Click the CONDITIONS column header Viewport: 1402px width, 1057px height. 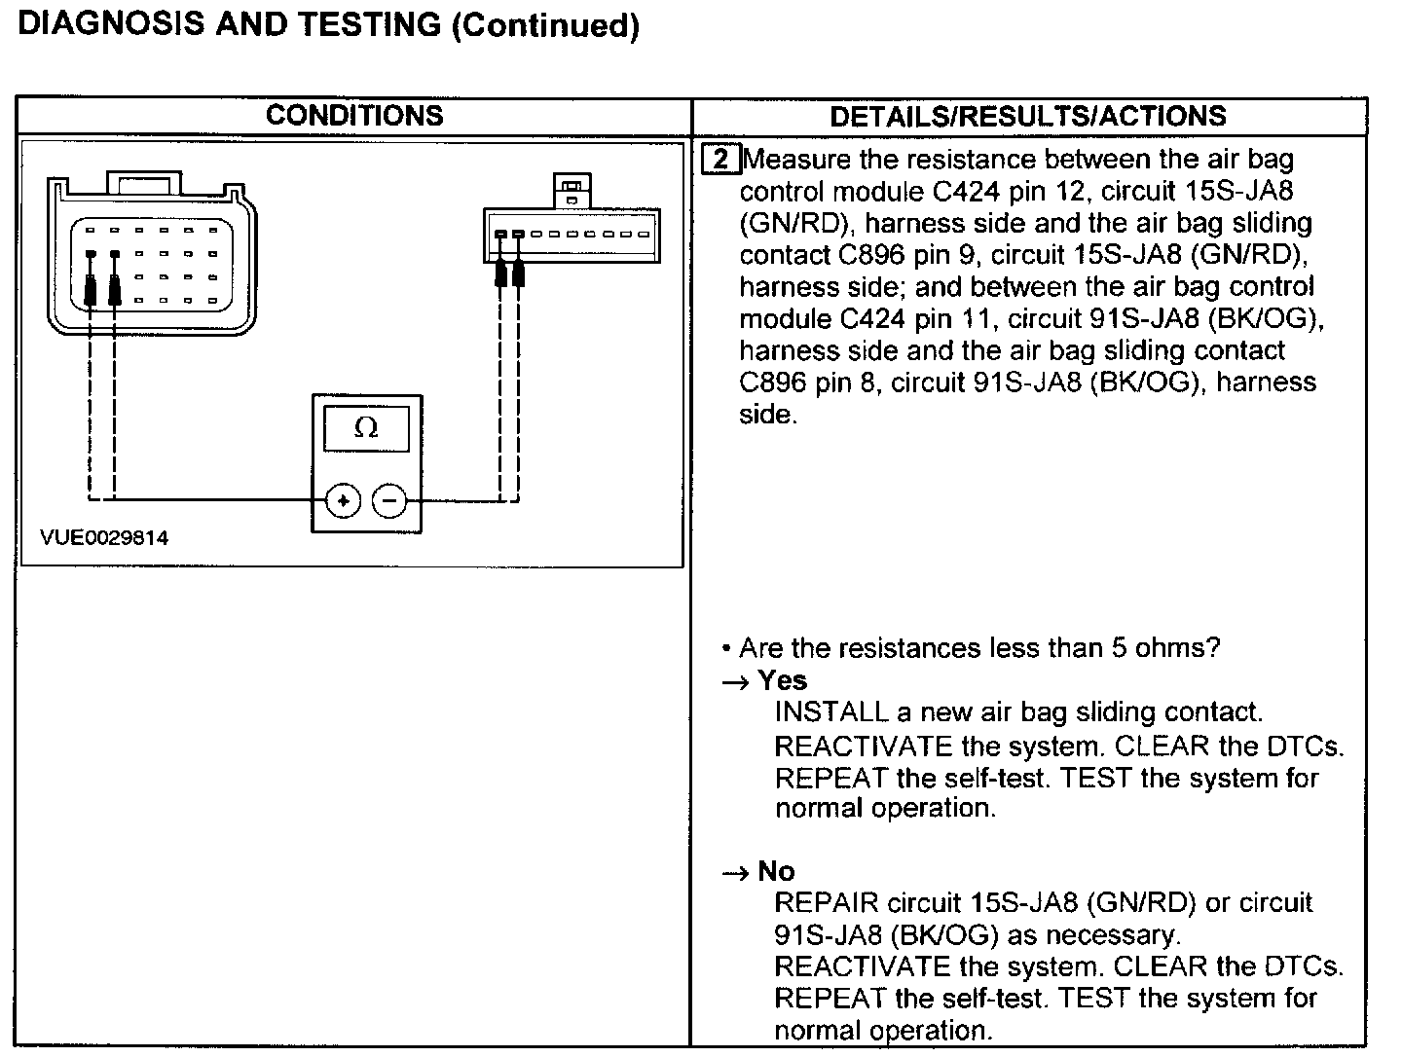point(354,116)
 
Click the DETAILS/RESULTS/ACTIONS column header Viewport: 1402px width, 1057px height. point(1027,117)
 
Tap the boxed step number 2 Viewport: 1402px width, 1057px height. point(720,160)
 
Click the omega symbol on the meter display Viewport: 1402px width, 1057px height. point(366,428)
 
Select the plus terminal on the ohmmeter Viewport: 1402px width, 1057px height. point(343,501)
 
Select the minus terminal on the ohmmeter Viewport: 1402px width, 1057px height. point(389,501)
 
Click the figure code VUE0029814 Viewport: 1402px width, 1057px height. point(104,538)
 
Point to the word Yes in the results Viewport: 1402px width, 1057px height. point(783,680)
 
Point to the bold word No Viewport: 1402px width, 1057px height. point(776,871)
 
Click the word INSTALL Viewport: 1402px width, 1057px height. point(830,712)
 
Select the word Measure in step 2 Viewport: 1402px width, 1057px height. point(795,160)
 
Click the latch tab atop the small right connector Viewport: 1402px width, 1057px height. point(572,190)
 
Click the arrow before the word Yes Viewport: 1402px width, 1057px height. point(735,682)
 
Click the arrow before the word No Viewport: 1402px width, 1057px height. point(735,873)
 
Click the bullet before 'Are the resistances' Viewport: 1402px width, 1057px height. point(726,649)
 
